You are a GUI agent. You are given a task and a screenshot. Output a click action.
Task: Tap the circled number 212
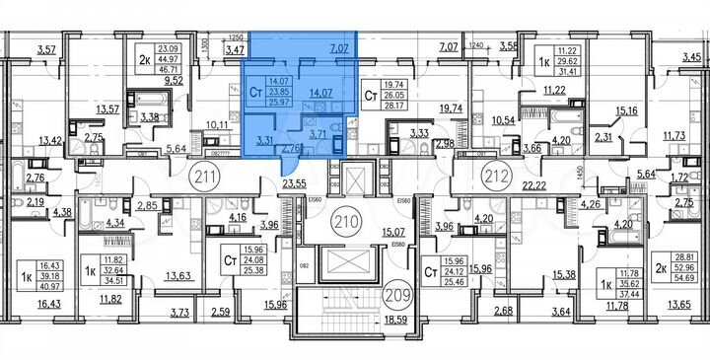click(493, 180)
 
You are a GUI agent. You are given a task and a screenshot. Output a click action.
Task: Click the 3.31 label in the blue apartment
click(264, 139)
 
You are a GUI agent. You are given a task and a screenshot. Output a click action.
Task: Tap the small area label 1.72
click(678, 176)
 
